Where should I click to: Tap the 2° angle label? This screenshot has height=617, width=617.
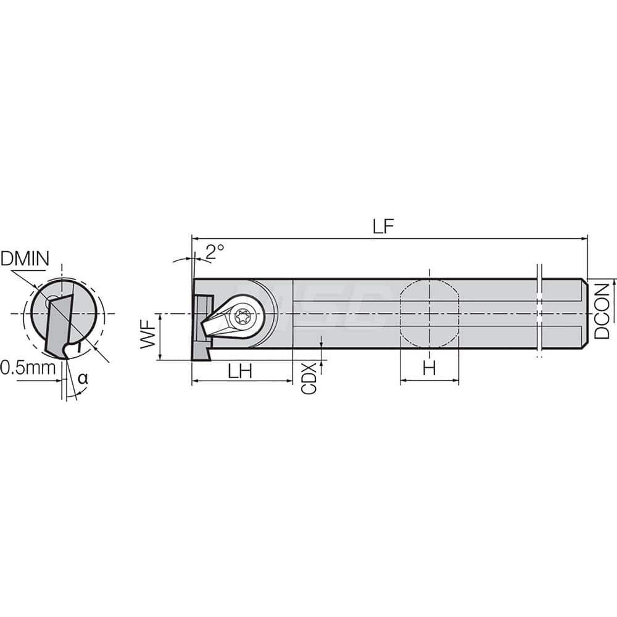pos(215,251)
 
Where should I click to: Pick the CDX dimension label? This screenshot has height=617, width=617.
pos(308,378)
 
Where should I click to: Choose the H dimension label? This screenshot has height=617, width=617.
pos(429,369)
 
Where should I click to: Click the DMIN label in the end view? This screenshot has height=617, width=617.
pos(25,259)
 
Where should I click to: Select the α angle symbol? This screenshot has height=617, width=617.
pos(82,379)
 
